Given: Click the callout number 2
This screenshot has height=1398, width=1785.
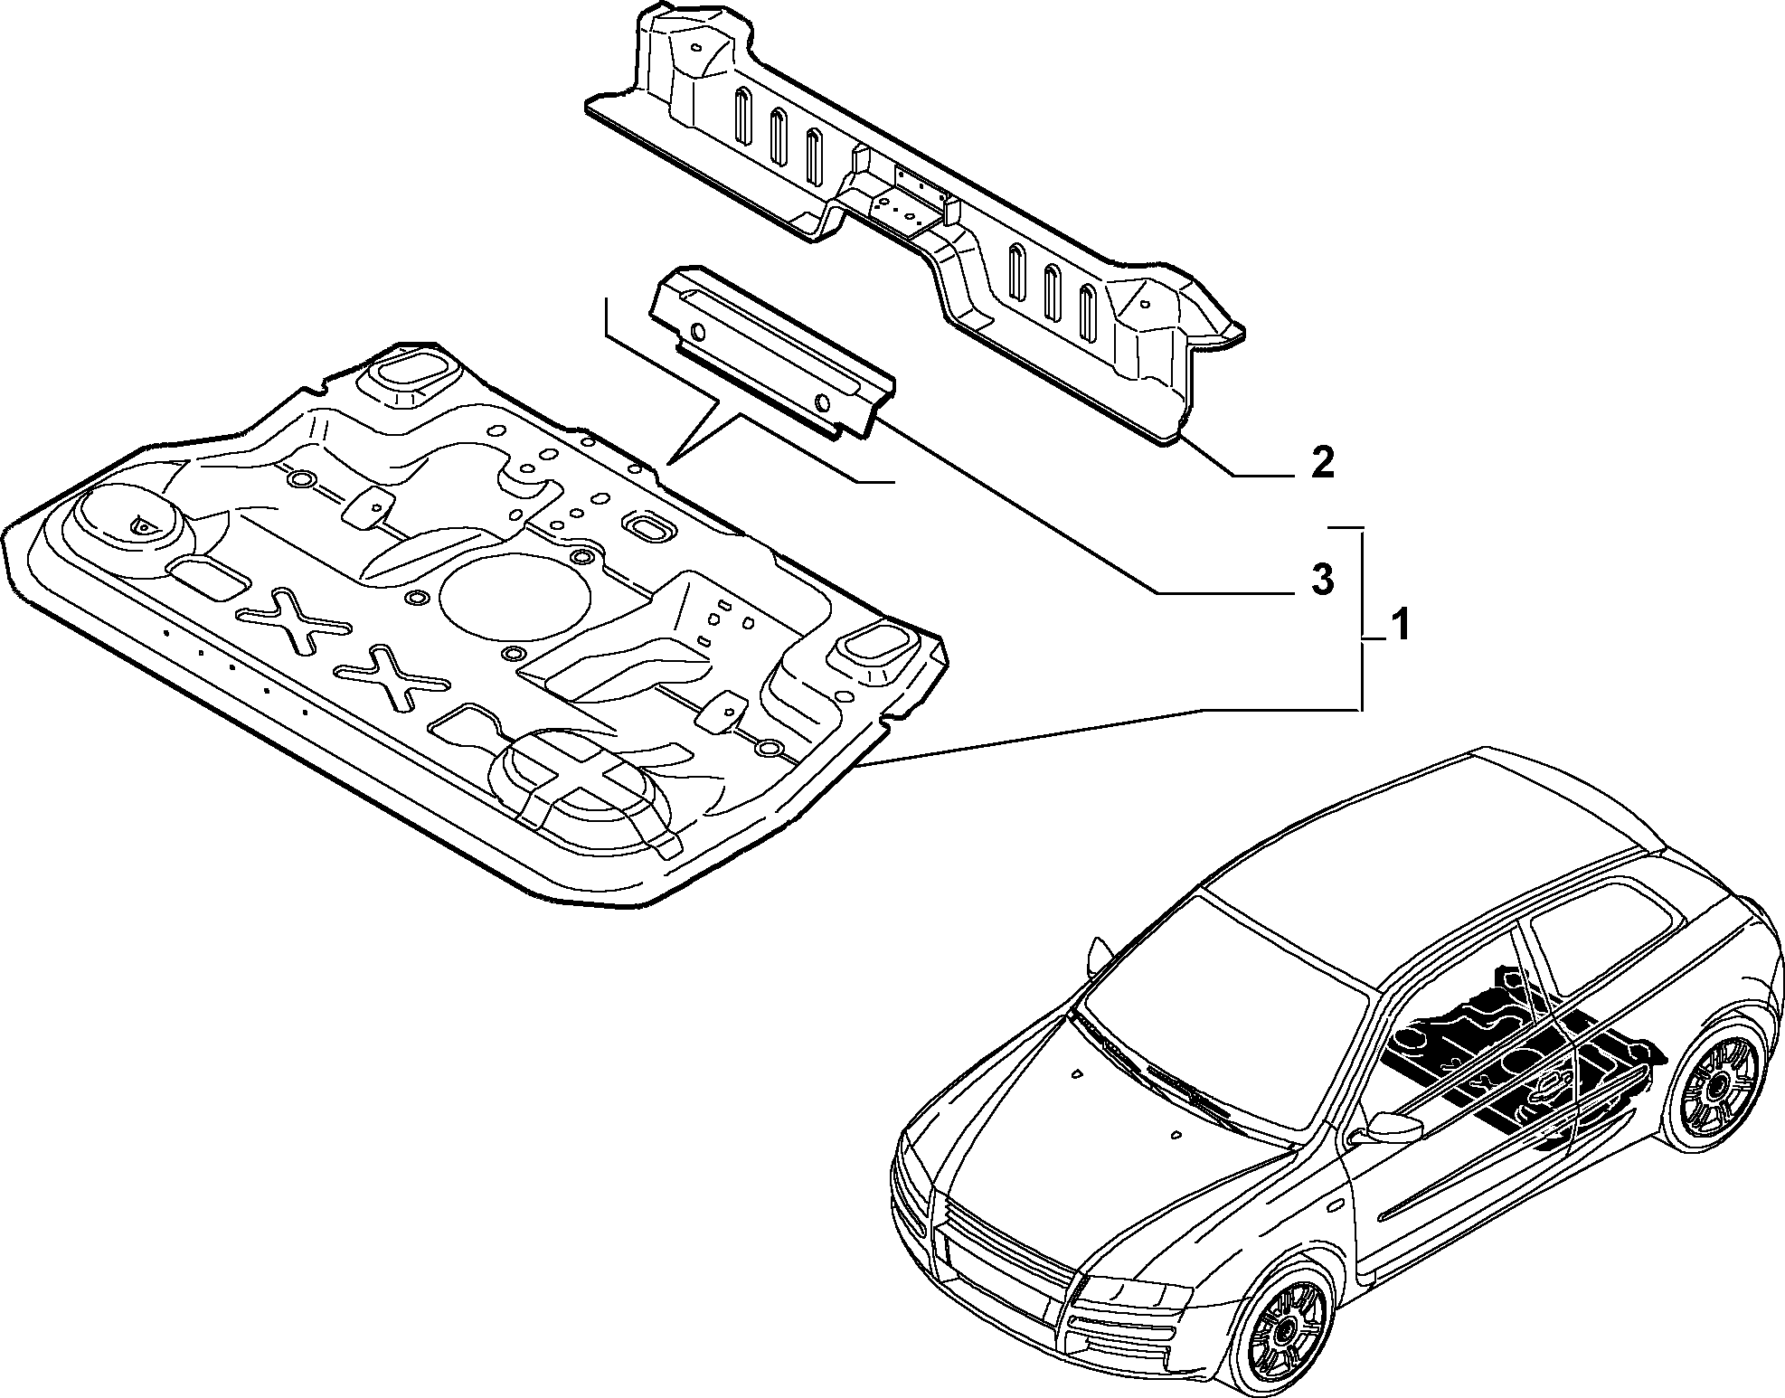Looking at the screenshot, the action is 1322,463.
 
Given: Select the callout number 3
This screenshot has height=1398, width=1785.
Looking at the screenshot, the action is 1322,579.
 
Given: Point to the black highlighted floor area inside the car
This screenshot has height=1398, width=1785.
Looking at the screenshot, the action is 1519,1053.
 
